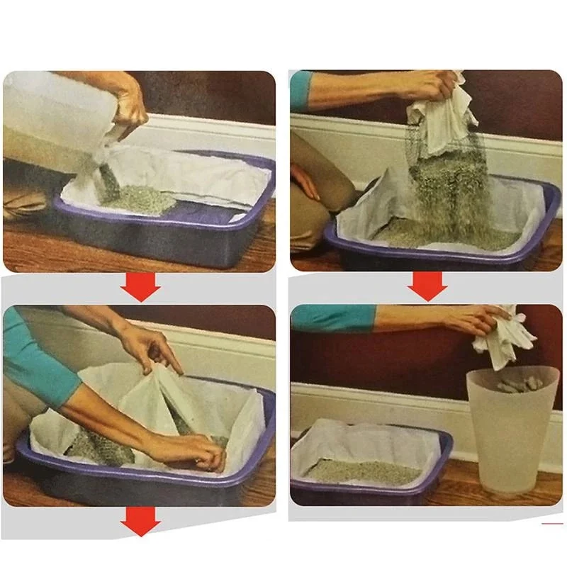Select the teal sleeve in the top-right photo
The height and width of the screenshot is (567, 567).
[x=301, y=91]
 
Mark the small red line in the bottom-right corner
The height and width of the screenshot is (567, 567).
[x=551, y=524]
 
